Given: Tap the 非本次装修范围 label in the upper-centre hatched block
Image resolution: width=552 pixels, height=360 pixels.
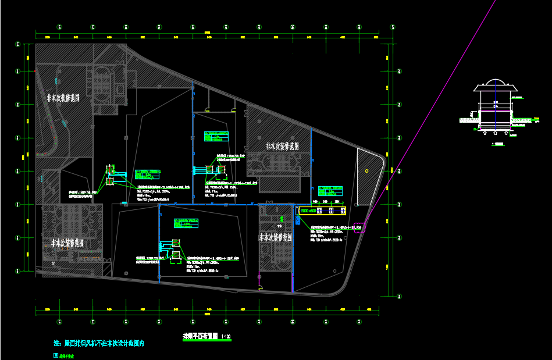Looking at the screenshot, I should pos(283,145).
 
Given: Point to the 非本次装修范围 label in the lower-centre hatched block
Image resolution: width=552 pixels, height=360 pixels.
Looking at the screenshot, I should pos(275,237).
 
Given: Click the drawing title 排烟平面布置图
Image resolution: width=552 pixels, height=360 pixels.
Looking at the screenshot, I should pos(197,337).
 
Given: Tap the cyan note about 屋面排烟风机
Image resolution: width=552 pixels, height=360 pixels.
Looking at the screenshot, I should pos(98,344).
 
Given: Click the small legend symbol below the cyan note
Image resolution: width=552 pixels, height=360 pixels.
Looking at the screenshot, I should pos(56,354).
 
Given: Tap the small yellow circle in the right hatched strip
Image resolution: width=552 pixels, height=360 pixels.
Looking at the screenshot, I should pos(366,170).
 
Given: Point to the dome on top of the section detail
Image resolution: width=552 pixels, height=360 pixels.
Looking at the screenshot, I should pos(495,82).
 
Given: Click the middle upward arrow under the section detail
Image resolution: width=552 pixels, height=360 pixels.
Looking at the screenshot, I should pos(496,133).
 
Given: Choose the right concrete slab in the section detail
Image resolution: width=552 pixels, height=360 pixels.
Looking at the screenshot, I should pos(522,120).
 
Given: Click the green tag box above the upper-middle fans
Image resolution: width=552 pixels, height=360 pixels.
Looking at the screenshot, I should pos(217,136).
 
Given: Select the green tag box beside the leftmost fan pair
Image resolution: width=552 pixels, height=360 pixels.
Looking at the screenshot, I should pos(147,174).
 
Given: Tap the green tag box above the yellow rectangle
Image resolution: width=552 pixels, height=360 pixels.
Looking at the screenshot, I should pos(330,190).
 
